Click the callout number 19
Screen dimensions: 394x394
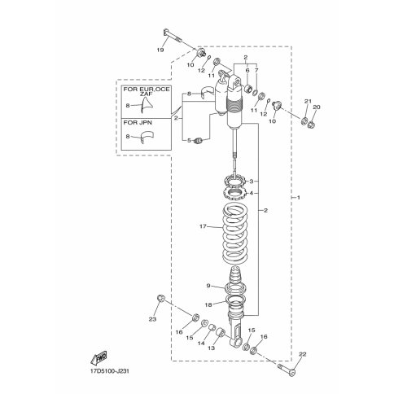(x=160, y=50)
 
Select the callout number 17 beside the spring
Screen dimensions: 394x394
(x=203, y=226)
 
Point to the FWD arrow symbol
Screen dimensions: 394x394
(x=98, y=357)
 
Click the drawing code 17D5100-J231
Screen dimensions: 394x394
(x=110, y=371)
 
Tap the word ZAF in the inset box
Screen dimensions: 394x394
(x=147, y=94)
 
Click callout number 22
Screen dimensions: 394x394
(x=302, y=354)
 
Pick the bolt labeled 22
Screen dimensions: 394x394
(x=287, y=370)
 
